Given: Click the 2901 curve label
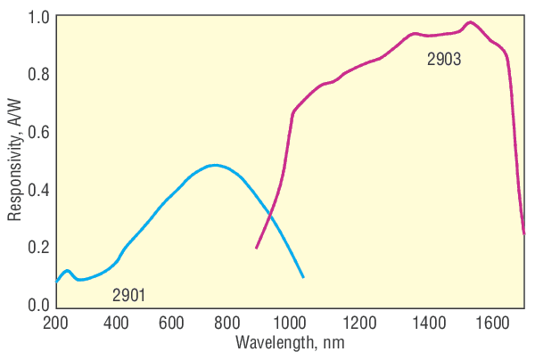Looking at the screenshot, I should [x=129, y=295].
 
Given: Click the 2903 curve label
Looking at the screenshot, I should [x=444, y=61].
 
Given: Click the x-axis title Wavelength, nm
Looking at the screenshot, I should [x=290, y=343].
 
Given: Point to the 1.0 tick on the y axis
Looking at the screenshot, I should [x=38, y=16].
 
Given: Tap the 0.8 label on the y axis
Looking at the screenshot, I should [x=38, y=74].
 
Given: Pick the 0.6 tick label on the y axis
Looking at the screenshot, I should [x=38, y=132].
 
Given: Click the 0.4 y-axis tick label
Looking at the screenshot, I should [x=38, y=190].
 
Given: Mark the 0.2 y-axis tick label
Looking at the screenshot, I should [x=38, y=248].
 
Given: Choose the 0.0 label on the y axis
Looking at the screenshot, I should [x=38, y=305].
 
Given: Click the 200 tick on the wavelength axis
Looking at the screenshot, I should [x=56, y=322].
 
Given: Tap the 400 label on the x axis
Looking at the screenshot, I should [x=114, y=322].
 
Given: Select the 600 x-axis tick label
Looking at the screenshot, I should [x=172, y=322].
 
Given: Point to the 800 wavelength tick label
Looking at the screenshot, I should [x=230, y=322].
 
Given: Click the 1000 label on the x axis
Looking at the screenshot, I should [x=288, y=322].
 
